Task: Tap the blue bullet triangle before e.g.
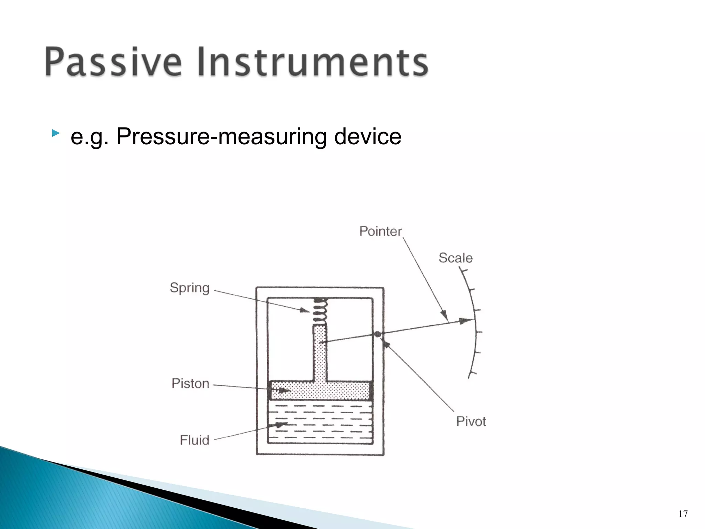pos(55,133)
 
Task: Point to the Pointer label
pos(380,231)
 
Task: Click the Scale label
pos(455,258)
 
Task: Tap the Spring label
pos(189,288)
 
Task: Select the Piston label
pos(190,383)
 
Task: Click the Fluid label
pos(194,440)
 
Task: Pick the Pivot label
pos(471,421)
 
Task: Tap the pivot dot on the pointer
pos(378,334)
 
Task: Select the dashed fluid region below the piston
pos(320,422)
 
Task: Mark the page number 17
pos(683,514)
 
